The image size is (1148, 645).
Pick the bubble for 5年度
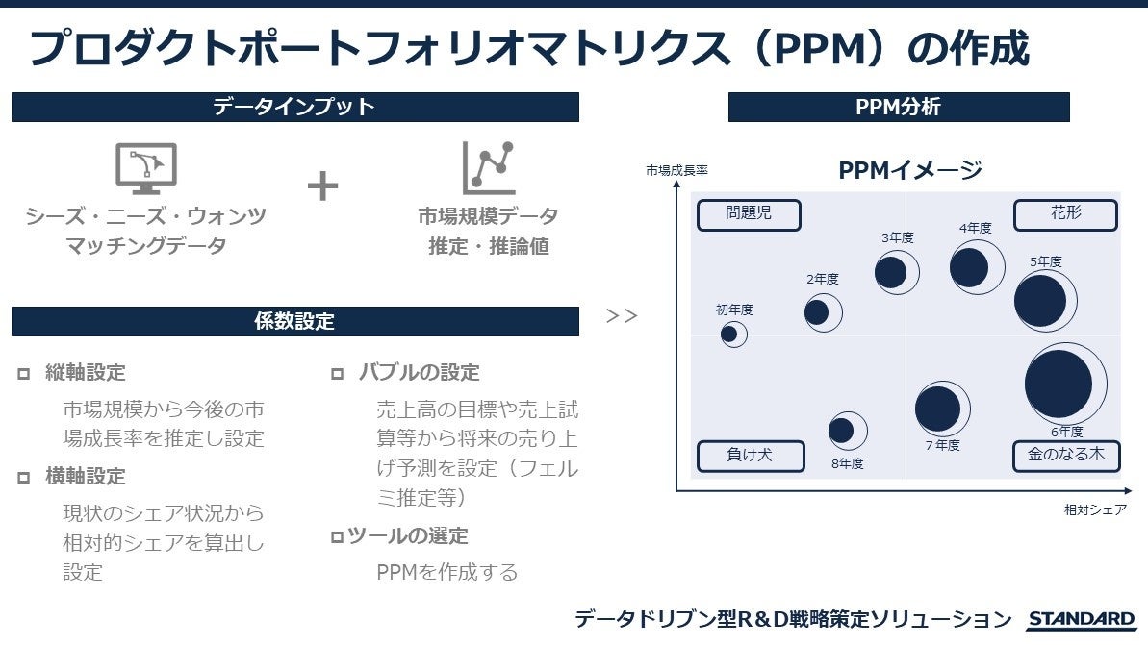1044,300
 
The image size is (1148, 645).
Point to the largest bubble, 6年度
1063,384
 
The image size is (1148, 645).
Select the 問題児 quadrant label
749,214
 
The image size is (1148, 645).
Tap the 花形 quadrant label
1065,214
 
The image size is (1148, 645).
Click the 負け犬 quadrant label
749,456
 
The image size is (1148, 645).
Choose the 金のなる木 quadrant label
1065,456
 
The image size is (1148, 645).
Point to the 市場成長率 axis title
676,171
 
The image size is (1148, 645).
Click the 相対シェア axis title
1095,509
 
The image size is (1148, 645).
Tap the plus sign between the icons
323,186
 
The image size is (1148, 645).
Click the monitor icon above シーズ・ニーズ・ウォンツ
145,169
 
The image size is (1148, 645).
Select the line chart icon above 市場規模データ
488,168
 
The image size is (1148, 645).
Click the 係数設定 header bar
294,322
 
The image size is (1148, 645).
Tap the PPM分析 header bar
898,108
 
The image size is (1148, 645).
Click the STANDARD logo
1081,620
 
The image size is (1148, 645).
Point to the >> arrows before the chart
622,315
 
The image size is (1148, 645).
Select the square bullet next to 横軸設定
23,478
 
